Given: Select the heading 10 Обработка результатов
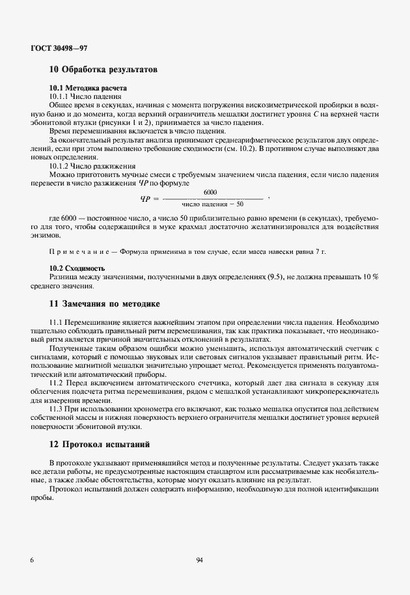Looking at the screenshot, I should coord(103,69).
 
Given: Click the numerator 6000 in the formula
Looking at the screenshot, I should coord(210,192).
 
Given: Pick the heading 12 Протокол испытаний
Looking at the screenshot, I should coord(100,445).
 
